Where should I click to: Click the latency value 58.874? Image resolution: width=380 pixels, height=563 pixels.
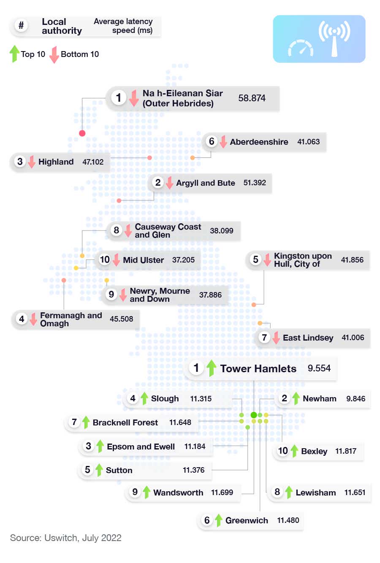pyautogui.click(x=252, y=98)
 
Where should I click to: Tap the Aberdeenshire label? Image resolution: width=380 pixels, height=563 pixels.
pyautogui.click(x=259, y=142)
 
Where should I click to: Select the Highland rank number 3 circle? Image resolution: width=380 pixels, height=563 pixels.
pyautogui.click(x=20, y=162)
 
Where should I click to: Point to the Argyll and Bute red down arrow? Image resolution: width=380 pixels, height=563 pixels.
pyautogui.click(x=169, y=183)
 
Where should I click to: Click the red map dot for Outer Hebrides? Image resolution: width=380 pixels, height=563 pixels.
pyautogui.click(x=82, y=133)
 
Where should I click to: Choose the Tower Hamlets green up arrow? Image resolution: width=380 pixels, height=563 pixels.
pyautogui.click(x=212, y=368)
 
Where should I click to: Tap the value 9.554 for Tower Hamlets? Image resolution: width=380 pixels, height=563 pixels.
pyautogui.click(x=319, y=368)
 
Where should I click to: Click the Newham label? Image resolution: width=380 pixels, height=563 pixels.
pyautogui.click(x=319, y=398)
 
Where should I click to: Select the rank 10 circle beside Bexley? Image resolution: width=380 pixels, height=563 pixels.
pyautogui.click(x=282, y=451)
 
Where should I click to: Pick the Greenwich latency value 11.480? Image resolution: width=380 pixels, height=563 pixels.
pyautogui.click(x=288, y=520)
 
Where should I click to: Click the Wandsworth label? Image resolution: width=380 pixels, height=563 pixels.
pyautogui.click(x=178, y=493)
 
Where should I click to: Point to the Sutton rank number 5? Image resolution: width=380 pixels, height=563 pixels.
pyautogui.click(x=87, y=470)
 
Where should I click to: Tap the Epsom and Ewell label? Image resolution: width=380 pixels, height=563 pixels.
pyautogui.click(x=141, y=447)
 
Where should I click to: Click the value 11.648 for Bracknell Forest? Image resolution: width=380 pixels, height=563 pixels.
pyautogui.click(x=180, y=422)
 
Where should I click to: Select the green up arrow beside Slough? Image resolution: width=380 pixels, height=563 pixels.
pyautogui.click(x=144, y=398)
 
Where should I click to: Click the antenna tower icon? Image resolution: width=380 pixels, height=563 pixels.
pyautogui.click(x=334, y=38)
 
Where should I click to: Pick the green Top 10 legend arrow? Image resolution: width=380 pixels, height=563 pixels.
pyautogui.click(x=14, y=54)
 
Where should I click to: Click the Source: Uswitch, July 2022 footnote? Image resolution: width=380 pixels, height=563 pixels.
pyautogui.click(x=66, y=538)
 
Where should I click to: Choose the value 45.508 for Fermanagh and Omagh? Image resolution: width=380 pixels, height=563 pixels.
pyautogui.click(x=121, y=319)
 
